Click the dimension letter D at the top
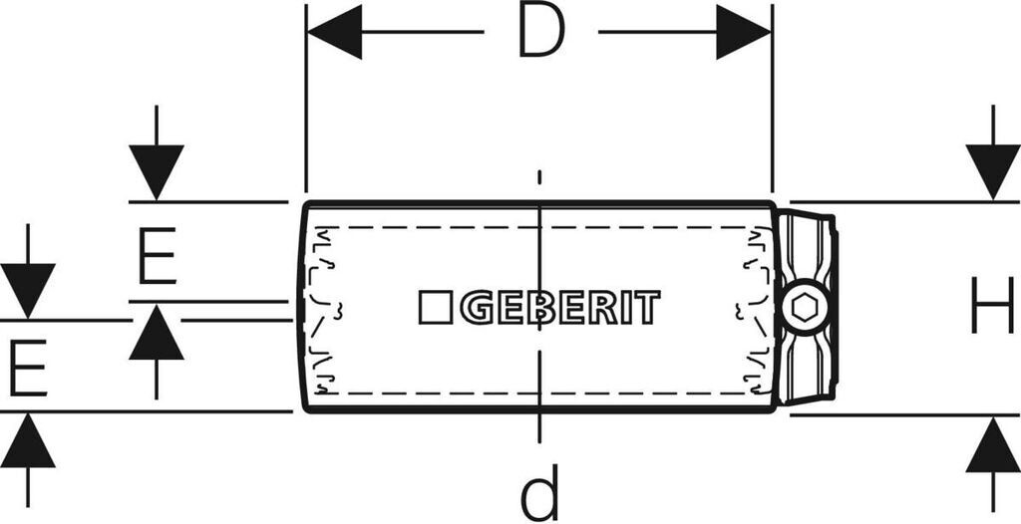click(x=540, y=33)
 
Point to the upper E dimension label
click(x=157, y=256)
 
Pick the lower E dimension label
click(x=27, y=367)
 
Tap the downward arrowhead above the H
click(x=993, y=171)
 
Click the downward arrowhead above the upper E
click(x=157, y=171)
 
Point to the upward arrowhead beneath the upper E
click(x=157, y=333)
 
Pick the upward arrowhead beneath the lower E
click(x=28, y=441)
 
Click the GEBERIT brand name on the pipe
click(x=559, y=308)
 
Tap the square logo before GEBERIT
click(x=435, y=308)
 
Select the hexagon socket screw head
click(x=805, y=308)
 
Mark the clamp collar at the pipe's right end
click(x=808, y=259)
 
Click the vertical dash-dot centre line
click(x=539, y=398)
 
